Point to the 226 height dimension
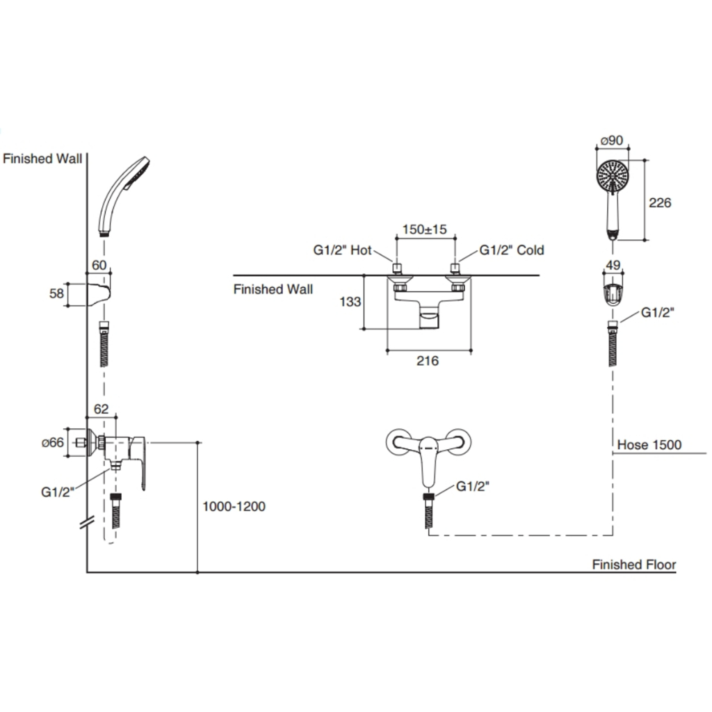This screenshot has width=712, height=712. coord(661,202)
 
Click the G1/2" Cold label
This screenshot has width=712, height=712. coord(511,250)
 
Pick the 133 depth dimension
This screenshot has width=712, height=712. coord(349,302)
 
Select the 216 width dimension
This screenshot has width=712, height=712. coord(428,361)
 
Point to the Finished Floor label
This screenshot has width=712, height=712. coord(633,565)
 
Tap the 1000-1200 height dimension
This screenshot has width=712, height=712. coord(234,507)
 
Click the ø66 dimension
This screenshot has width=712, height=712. coord(53,442)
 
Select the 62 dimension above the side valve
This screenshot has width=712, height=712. coord(102,410)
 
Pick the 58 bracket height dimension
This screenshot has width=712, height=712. coord(56,294)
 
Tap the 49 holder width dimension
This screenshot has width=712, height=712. coord(613,265)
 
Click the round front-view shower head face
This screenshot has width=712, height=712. coord(613,177)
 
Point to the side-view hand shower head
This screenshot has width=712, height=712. coord(125,195)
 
